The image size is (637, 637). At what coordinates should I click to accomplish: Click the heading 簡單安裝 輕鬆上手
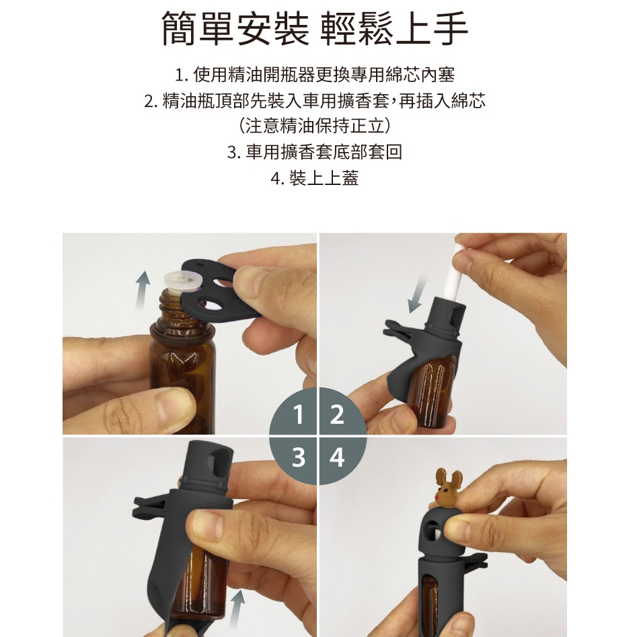315,28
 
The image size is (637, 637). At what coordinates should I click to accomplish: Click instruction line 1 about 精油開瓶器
315,75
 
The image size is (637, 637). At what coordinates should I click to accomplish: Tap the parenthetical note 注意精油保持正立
315,126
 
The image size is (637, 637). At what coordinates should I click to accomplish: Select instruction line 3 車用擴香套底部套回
315,152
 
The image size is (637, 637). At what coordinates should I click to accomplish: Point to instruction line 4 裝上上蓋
315,178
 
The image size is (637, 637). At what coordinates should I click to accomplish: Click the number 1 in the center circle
299,415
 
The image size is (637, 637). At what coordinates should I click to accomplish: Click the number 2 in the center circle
337,415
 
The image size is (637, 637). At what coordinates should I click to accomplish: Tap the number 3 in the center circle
299,457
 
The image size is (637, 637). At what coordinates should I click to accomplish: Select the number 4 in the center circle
337,457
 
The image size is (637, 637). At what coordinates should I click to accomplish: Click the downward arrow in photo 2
418,294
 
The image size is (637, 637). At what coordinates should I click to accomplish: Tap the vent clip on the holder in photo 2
398,331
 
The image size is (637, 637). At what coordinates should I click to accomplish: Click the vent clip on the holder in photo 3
149,509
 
